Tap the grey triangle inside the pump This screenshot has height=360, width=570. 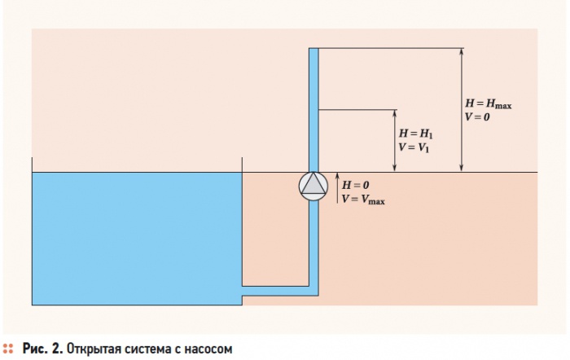point(313,183)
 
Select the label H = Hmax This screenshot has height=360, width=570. point(489,104)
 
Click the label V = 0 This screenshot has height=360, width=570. point(477,117)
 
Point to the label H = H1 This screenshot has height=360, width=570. point(416,134)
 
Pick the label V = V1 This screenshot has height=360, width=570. point(414,147)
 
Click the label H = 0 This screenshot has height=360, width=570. point(356,185)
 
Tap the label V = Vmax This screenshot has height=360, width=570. point(363,200)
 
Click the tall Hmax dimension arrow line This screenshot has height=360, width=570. point(462,109)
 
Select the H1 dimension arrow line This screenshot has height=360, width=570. point(395,140)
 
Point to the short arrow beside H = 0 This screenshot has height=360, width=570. point(337,187)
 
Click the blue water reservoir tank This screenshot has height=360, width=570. point(137,239)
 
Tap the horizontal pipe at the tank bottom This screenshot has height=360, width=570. point(276,291)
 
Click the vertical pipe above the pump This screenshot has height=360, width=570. point(313,110)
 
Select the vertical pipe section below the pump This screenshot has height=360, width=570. point(313,244)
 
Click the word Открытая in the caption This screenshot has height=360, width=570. point(94,349)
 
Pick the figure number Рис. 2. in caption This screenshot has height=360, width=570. point(42,349)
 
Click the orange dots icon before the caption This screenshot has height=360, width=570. point(7,349)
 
